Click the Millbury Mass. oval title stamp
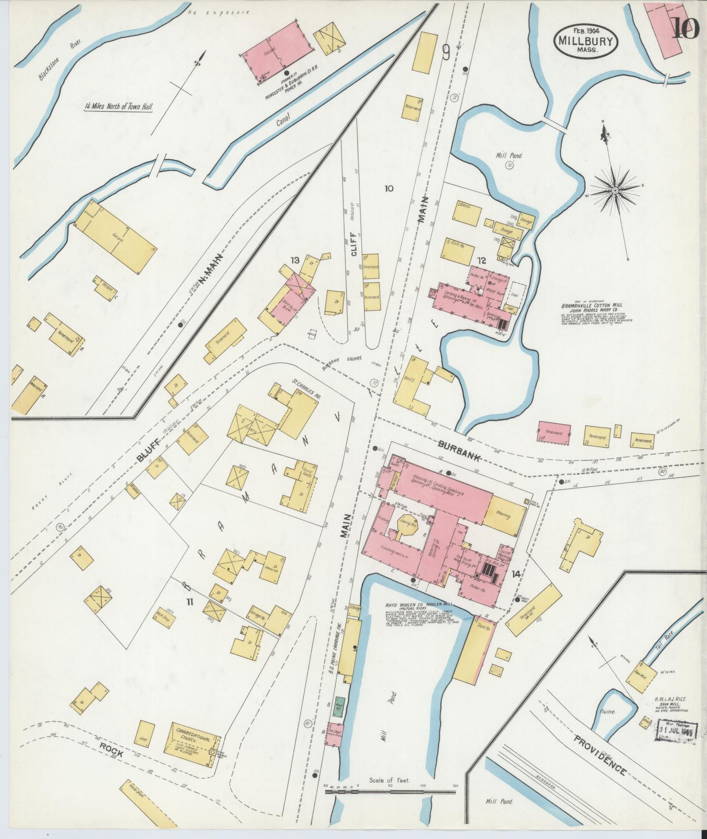pos(586,39)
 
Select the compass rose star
pos(615,190)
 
